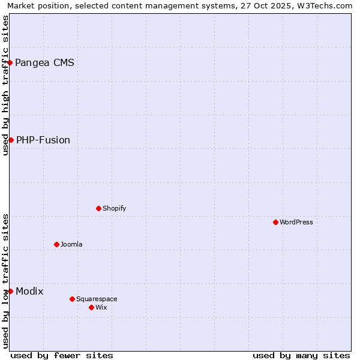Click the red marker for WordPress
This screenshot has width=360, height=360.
tap(275, 222)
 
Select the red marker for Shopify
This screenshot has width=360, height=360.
tap(98, 208)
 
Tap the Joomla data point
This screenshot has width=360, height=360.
tap(56, 244)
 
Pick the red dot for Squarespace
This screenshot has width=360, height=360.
tap(72, 299)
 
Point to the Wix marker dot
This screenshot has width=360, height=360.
tap(91, 307)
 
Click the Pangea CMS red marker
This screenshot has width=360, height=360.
tap(10, 62)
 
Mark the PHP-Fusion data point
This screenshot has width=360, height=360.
tap(11, 140)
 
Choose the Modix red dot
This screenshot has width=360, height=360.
tap(10, 291)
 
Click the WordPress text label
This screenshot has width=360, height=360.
tap(296, 222)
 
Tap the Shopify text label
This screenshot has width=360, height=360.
tap(114, 208)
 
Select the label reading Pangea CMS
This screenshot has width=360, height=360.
tap(44, 62)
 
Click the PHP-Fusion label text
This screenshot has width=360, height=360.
tap(43, 140)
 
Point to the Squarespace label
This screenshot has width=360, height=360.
tap(97, 299)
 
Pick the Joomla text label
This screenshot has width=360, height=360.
tap(71, 244)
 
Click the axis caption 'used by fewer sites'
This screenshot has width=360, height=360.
tap(62, 355)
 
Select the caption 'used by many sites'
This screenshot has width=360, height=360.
tap(301, 355)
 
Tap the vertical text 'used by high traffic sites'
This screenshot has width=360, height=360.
tap(5, 85)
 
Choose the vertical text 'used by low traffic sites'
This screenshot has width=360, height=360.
tap(5, 281)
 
